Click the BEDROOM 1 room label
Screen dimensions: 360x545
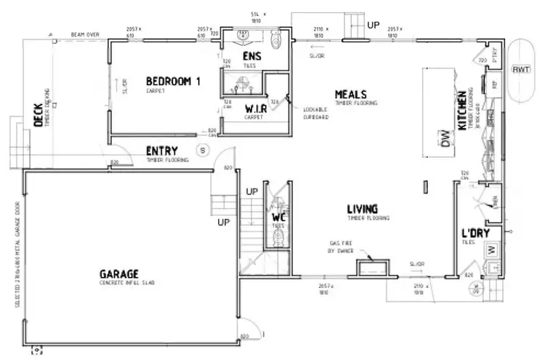173,81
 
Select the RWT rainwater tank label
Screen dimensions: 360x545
520,70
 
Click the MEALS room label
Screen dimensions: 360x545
350,95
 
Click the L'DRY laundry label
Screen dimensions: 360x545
476,233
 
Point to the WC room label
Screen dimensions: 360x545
278,217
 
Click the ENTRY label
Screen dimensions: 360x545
162,151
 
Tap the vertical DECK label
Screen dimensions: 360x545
39,113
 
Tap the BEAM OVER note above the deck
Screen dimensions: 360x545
84,34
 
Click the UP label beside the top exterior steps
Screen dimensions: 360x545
373,24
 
